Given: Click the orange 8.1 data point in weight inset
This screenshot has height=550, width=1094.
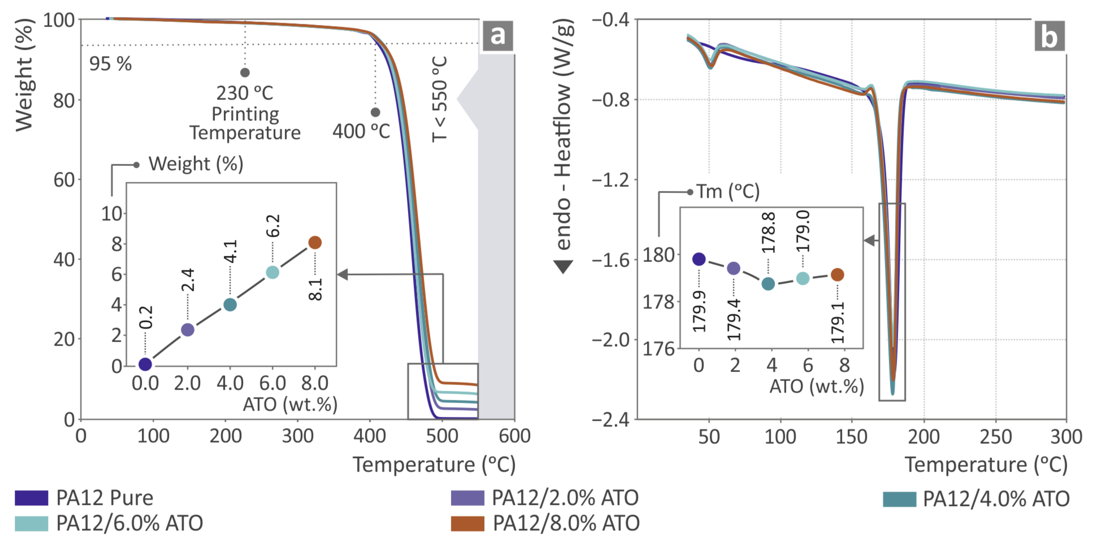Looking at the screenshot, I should point(315,243).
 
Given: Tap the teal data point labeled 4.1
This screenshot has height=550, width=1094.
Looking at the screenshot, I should point(230,304).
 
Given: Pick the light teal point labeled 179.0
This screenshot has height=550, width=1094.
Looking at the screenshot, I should point(802,278).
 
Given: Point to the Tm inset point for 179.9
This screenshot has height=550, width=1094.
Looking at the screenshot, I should point(699,259).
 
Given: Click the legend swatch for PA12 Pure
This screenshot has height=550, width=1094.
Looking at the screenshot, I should point(31,498).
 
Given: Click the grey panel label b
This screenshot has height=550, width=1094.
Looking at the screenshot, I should point(1049,36).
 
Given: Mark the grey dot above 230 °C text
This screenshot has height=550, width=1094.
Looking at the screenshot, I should point(245,73).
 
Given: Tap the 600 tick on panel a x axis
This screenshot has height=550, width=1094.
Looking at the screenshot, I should point(514,436).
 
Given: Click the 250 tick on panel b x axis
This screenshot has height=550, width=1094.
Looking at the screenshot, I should point(995,437).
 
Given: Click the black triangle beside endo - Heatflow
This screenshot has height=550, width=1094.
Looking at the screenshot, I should point(563,267).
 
